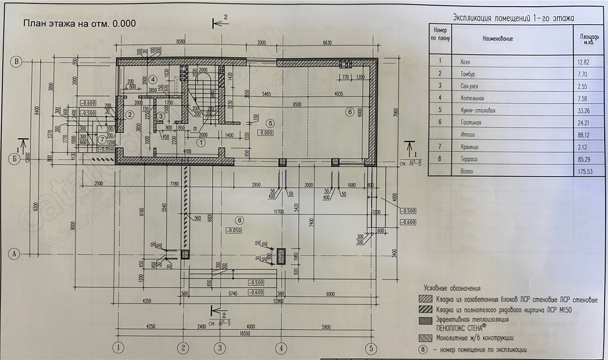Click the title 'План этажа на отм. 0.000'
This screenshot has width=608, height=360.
[79, 24]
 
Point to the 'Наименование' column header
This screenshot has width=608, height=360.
[497, 38]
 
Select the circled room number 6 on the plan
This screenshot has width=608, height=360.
[350, 112]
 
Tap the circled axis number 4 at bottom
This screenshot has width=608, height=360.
[281, 348]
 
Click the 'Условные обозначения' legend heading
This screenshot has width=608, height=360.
[452, 288]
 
